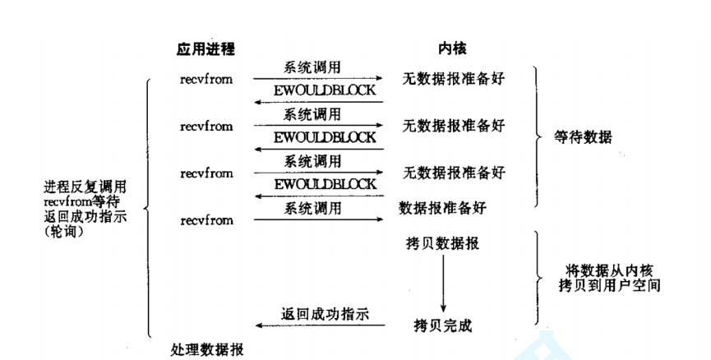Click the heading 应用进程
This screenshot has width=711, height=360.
click(205, 49)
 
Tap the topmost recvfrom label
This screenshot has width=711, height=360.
click(206, 80)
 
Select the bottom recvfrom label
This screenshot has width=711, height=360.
click(206, 220)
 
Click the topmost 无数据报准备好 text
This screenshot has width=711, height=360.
click(453, 80)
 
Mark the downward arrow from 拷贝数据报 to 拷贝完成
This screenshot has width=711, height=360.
click(443, 284)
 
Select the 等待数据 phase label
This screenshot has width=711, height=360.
click(584, 137)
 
